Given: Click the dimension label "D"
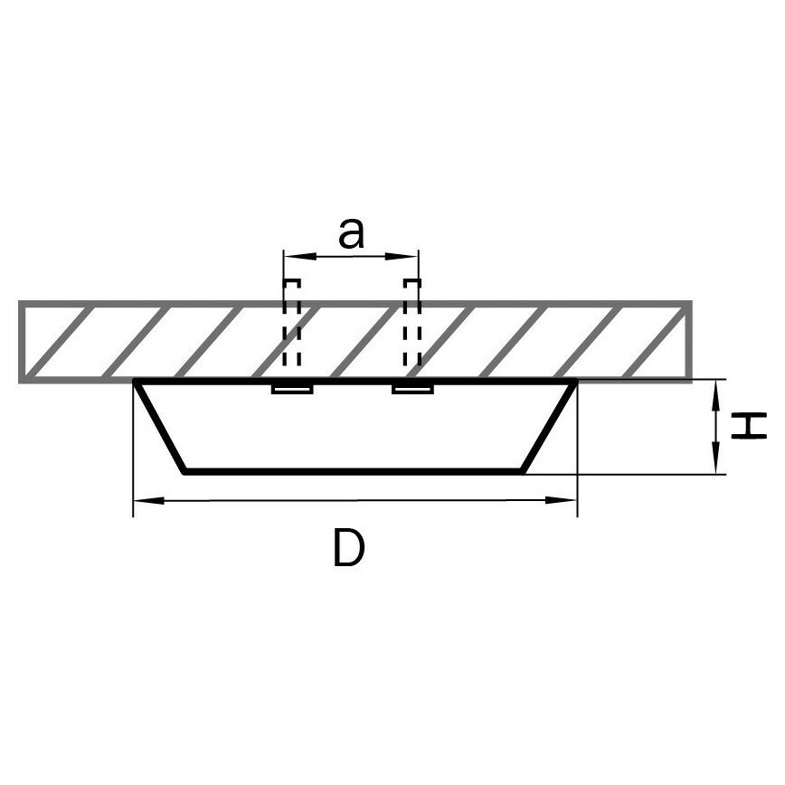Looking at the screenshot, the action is [x=348, y=548].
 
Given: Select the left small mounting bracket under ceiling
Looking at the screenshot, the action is [x=292, y=388].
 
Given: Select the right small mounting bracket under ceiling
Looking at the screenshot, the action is [x=412, y=388].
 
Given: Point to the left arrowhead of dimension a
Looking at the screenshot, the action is [x=291, y=257].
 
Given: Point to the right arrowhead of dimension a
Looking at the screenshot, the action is [x=411, y=257].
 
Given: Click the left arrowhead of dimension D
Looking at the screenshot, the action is [x=143, y=499].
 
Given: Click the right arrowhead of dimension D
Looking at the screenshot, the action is [x=568, y=499].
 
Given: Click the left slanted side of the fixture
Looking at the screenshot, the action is [x=161, y=427].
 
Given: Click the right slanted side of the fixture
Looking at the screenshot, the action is [x=550, y=427].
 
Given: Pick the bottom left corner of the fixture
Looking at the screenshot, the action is [x=185, y=470].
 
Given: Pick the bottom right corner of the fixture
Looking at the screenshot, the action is [x=525, y=470].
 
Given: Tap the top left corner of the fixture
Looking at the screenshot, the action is [x=137, y=382].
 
